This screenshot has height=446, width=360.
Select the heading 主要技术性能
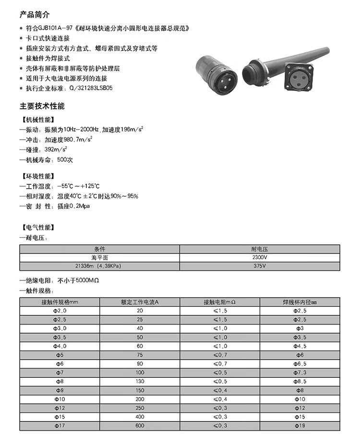coord(42,106)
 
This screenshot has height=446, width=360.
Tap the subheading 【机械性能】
coord(38,120)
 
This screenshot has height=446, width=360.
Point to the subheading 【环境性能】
coord(38,176)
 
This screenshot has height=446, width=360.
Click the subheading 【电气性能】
coord(38,227)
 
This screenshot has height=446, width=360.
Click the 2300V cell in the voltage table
coord(260,257)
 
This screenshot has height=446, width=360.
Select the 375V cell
coord(260,265)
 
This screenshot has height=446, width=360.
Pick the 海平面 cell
coord(99,257)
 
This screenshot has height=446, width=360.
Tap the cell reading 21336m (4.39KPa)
coord(99,265)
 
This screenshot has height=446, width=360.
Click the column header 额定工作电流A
coord(140,302)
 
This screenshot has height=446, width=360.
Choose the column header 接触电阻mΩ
coord(220,302)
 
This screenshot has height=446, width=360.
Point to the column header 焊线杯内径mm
coord(300,302)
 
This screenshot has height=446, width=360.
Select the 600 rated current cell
coord(140,425)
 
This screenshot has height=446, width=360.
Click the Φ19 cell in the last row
coord(300,425)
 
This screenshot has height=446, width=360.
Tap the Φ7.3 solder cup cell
coord(300,373)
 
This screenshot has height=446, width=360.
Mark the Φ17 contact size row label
coord(60,425)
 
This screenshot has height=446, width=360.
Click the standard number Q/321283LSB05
coord(91,88)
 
